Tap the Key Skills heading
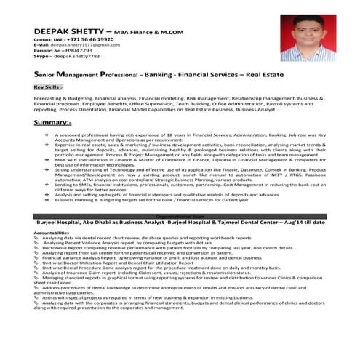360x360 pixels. [48, 87]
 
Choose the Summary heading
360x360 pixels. [51, 123]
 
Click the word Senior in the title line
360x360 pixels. [48, 75]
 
